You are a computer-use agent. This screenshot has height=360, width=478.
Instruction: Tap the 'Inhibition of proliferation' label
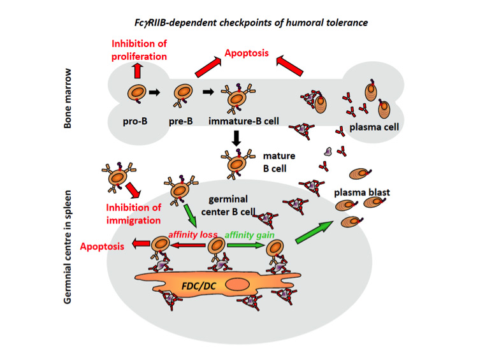(139, 50)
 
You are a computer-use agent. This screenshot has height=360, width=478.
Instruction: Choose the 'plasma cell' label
(373, 127)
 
